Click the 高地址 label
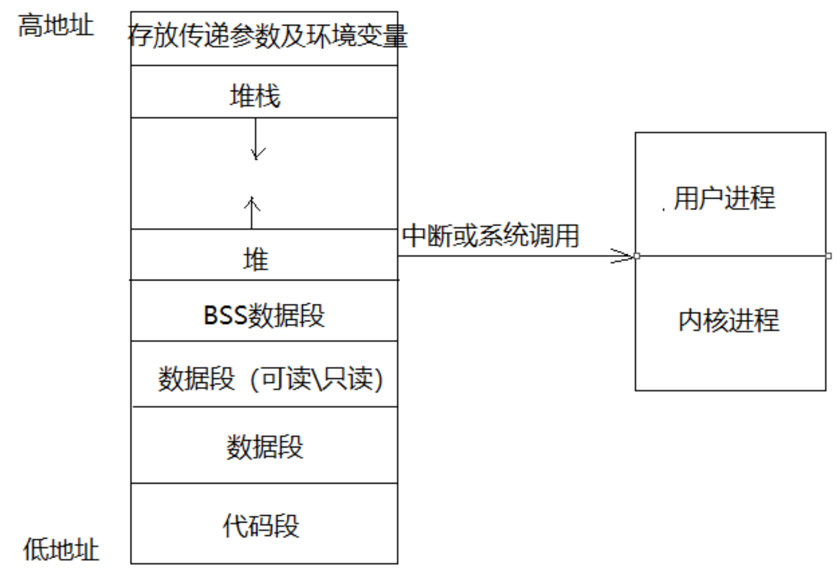(x=56, y=26)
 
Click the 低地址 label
(x=61, y=550)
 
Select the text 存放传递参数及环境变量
(x=267, y=36)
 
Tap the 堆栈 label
(x=255, y=96)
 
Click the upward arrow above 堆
(x=252, y=212)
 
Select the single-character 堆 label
(x=256, y=260)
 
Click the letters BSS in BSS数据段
(x=224, y=315)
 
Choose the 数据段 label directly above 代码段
(x=264, y=447)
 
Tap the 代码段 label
(x=261, y=525)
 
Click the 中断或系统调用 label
(x=491, y=235)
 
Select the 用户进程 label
(x=724, y=198)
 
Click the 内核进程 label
(x=728, y=320)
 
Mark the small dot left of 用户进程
(x=663, y=210)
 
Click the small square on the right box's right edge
(x=828, y=256)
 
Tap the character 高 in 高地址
(x=30, y=26)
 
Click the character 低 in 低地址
(x=34, y=550)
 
